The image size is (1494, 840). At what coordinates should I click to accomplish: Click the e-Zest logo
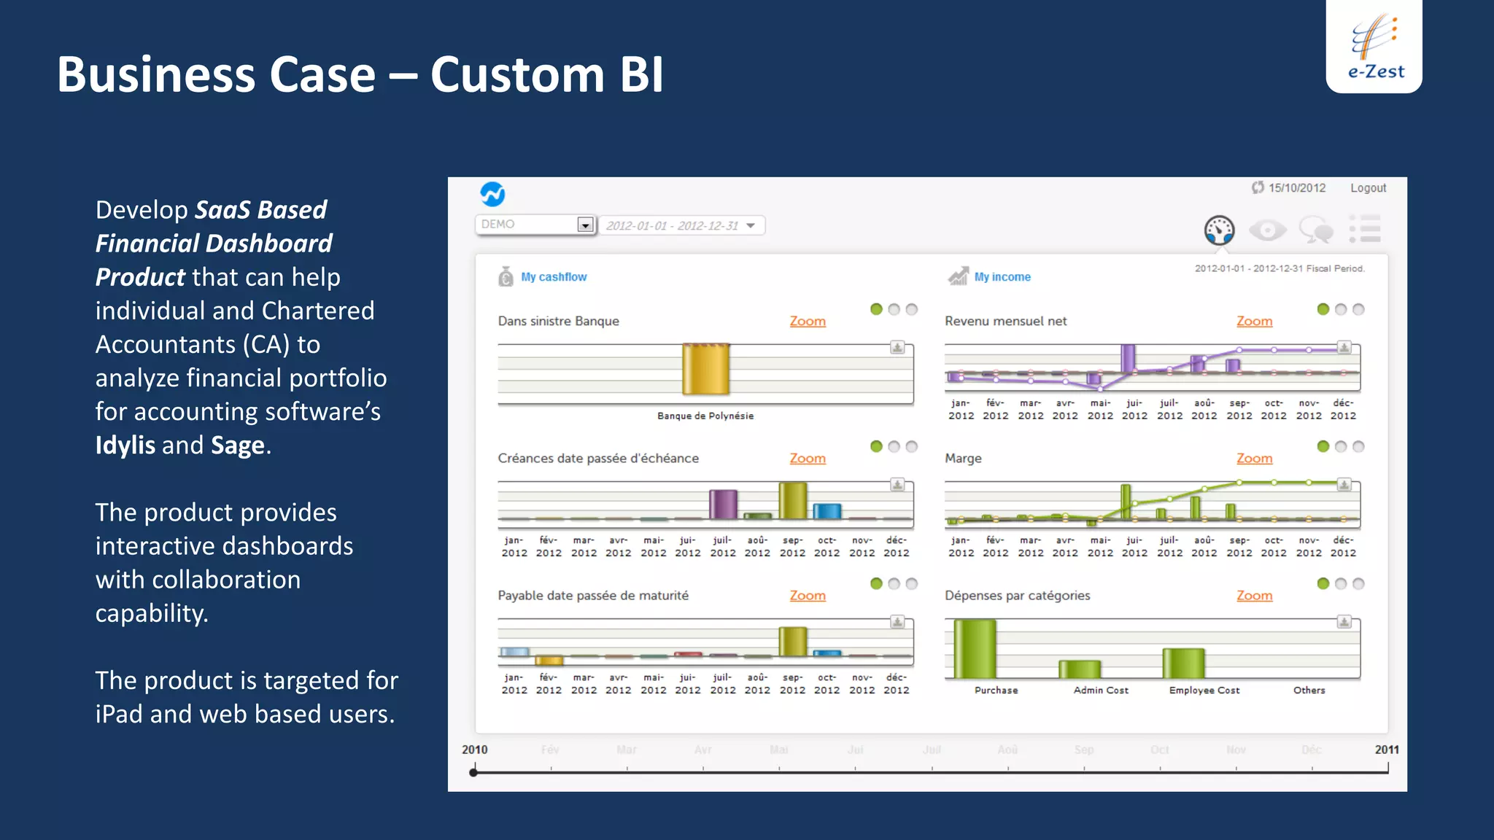pyautogui.click(x=1374, y=46)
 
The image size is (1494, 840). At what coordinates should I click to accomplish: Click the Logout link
pyautogui.click(x=1368, y=188)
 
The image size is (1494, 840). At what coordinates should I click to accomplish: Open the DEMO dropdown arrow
pyautogui.click(x=585, y=225)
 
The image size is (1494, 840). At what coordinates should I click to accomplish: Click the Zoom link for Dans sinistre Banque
pyautogui.click(x=808, y=322)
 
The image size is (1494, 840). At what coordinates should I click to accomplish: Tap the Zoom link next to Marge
pyautogui.click(x=1254, y=459)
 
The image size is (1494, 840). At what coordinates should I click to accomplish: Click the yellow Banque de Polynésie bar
pyautogui.click(x=705, y=369)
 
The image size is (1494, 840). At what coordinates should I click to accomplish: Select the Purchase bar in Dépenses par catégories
pyautogui.click(x=975, y=648)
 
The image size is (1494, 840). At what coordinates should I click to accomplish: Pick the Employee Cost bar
pyautogui.click(x=1183, y=663)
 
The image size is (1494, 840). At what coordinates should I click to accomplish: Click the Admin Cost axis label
pyautogui.click(x=1101, y=691)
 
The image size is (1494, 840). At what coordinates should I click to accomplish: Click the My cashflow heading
pyautogui.click(x=554, y=277)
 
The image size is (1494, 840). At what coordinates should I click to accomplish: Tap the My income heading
pyautogui.click(x=1002, y=277)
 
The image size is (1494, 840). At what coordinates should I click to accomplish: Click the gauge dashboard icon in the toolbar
pyautogui.click(x=1219, y=230)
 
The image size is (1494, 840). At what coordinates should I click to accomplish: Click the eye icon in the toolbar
pyautogui.click(x=1268, y=230)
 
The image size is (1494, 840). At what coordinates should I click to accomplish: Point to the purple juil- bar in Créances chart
pyautogui.click(x=723, y=504)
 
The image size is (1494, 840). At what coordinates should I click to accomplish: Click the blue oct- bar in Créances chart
pyautogui.click(x=827, y=510)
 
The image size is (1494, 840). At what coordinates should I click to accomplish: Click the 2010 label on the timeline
pyautogui.click(x=474, y=750)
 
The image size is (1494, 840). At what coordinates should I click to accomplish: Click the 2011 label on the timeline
pyautogui.click(x=1387, y=750)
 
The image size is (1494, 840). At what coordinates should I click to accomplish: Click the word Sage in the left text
pyautogui.click(x=237, y=446)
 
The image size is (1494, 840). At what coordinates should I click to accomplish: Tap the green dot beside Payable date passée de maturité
pyautogui.click(x=876, y=583)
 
